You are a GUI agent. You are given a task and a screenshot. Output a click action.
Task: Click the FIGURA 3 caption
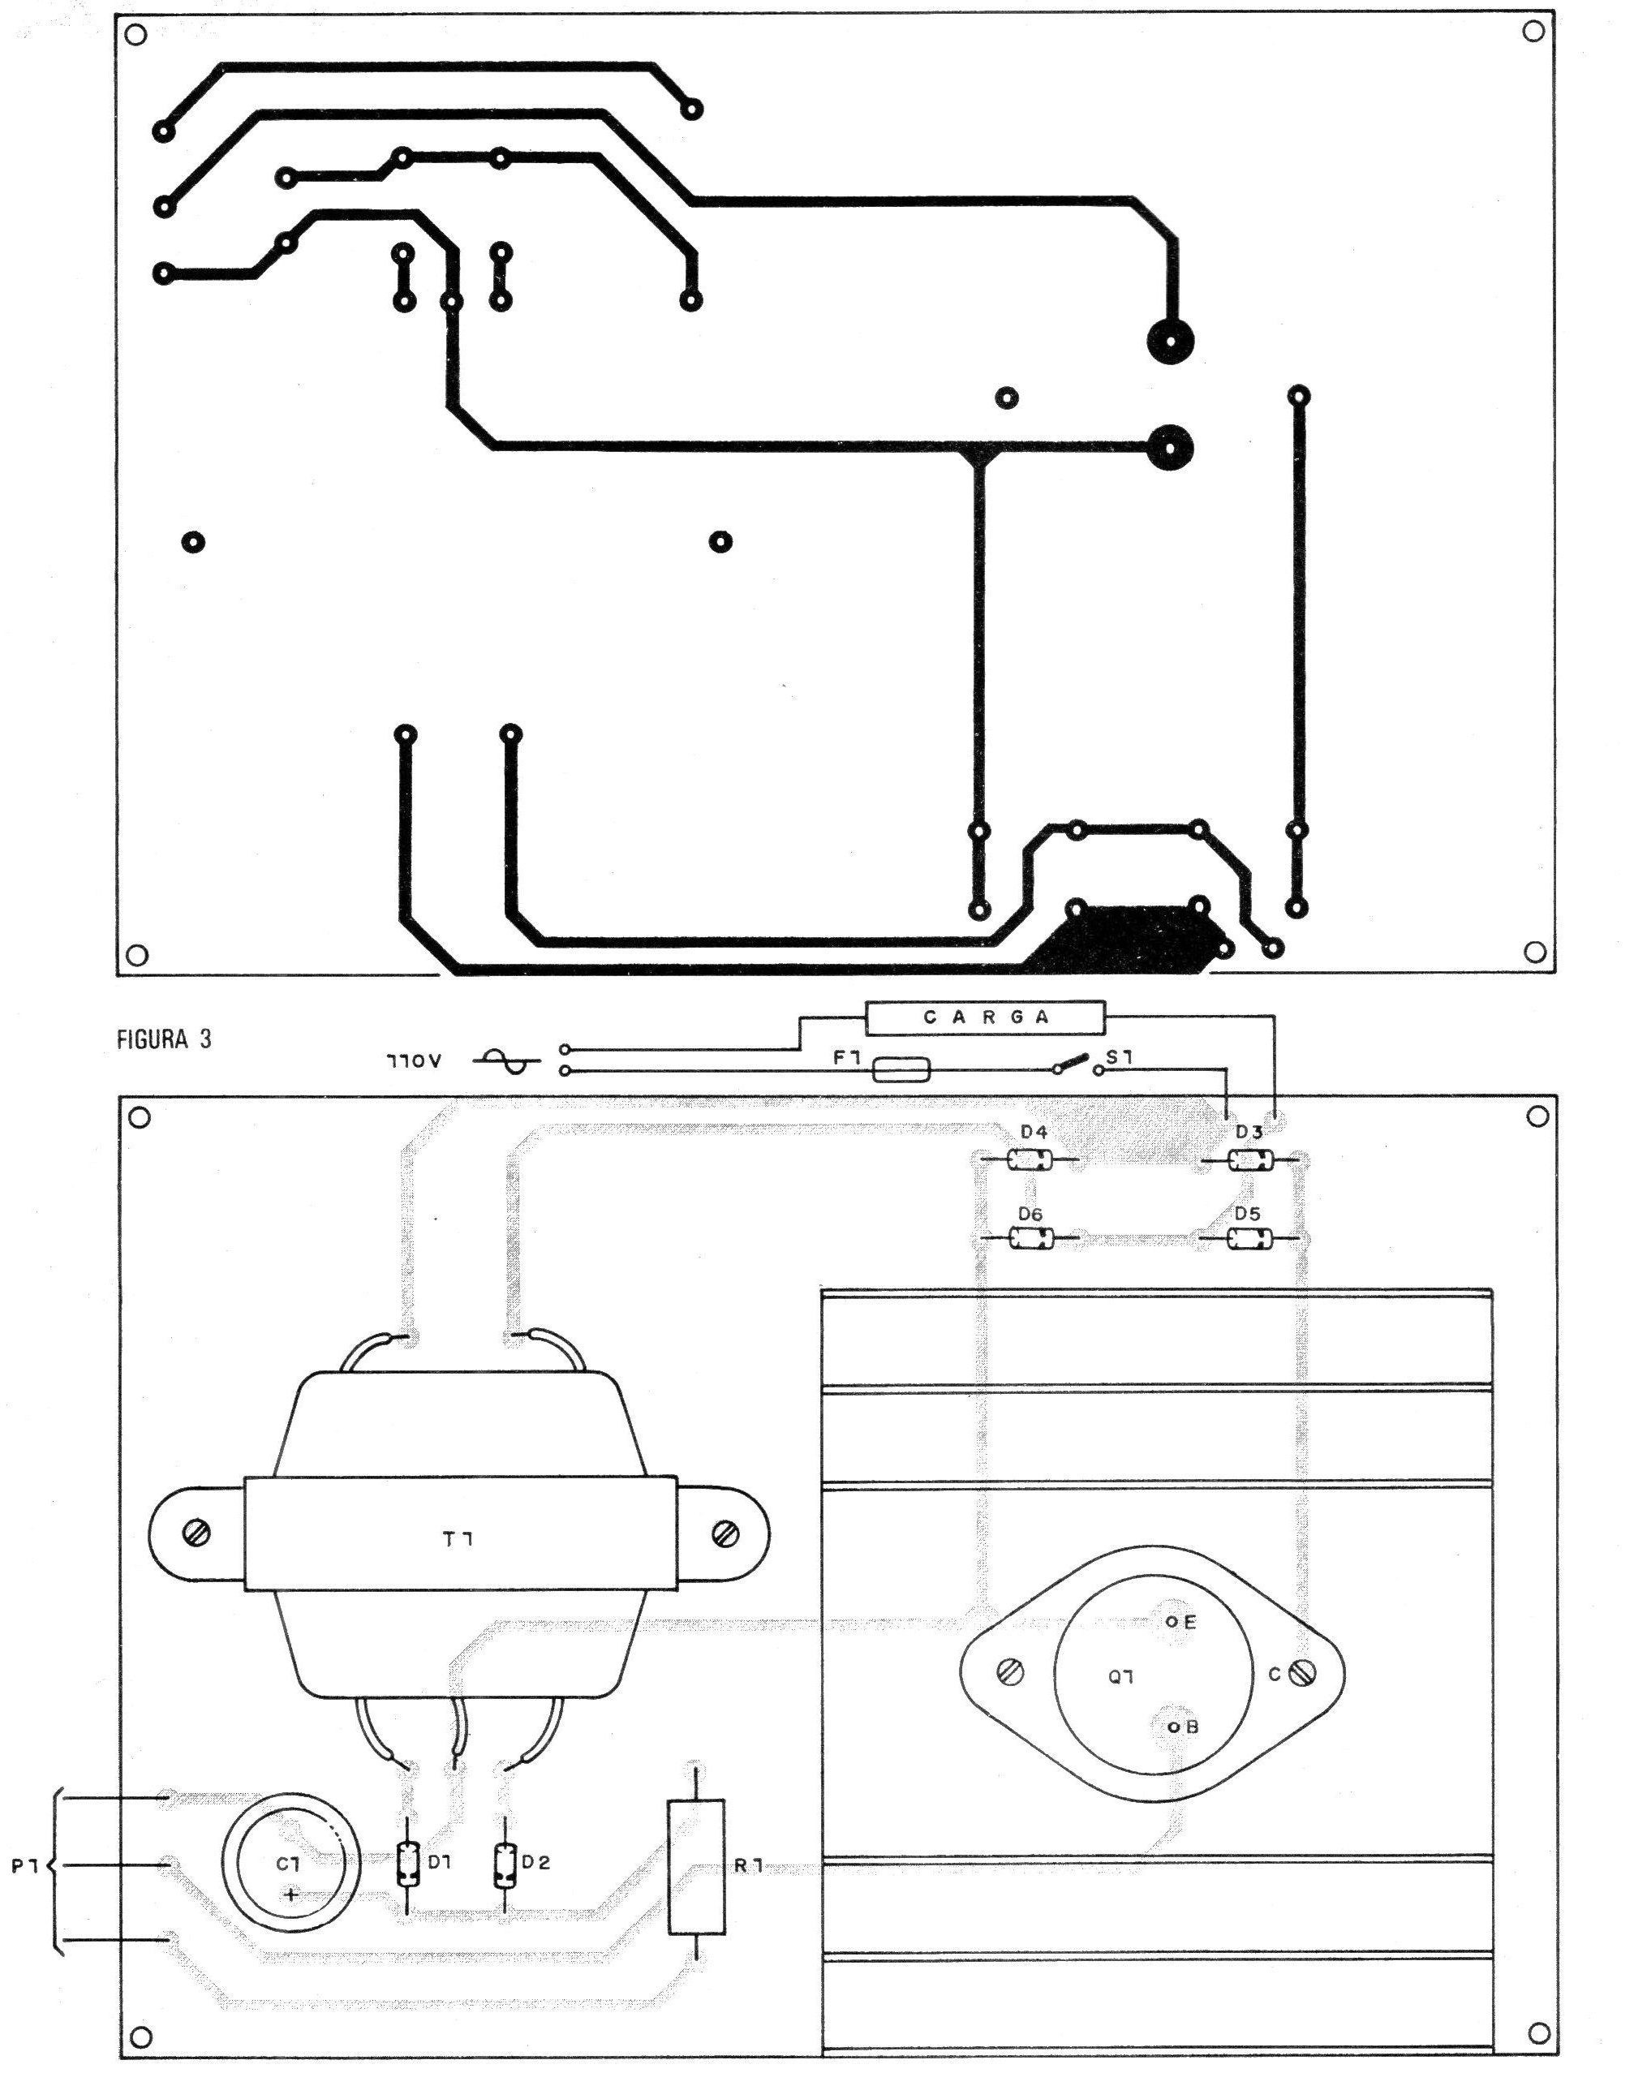pos(164,1040)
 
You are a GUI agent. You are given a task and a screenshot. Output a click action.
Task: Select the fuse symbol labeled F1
pos(901,1069)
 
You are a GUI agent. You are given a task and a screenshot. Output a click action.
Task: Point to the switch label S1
pos(1120,1059)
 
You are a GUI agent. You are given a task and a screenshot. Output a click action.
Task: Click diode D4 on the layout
pos(1030,1161)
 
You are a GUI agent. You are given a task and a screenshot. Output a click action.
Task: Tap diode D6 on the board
pos(1031,1241)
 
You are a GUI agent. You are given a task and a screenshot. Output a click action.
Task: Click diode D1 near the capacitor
pos(407,1864)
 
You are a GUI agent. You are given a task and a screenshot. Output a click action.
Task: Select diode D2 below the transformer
pos(503,1864)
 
